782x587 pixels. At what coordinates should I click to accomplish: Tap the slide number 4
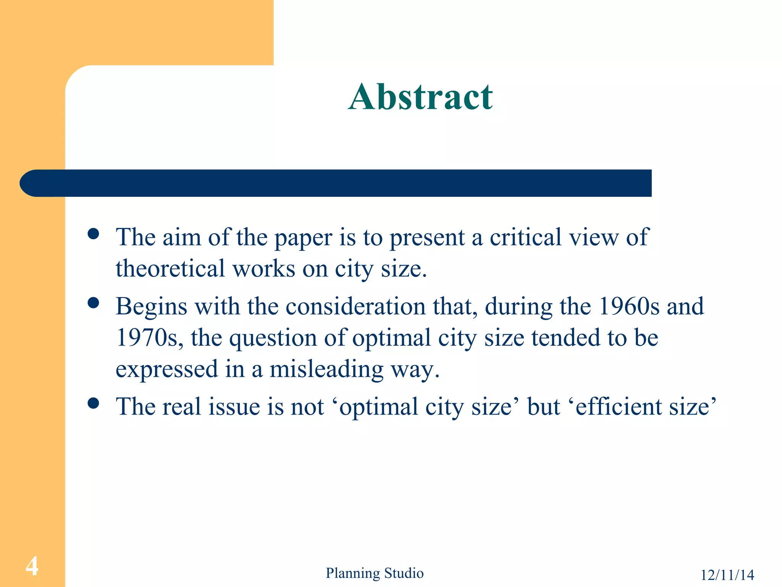point(32,566)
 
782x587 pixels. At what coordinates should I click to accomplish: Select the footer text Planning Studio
point(374,573)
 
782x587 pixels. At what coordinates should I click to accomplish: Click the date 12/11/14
point(727,575)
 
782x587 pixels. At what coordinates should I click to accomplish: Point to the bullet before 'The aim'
point(93,234)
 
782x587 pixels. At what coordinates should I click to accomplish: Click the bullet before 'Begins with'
point(93,303)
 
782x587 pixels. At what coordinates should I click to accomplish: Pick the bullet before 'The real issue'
point(93,403)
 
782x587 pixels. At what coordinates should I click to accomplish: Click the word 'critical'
point(526,237)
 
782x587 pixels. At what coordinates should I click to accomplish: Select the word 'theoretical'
point(170,268)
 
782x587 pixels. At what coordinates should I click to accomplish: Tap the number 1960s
point(629,306)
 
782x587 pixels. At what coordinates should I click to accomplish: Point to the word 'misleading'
point(326,370)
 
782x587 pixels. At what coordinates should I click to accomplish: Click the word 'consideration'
point(355,306)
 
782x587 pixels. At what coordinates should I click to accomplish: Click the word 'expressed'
point(166,370)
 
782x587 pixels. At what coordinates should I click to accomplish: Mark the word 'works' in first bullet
point(264,268)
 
